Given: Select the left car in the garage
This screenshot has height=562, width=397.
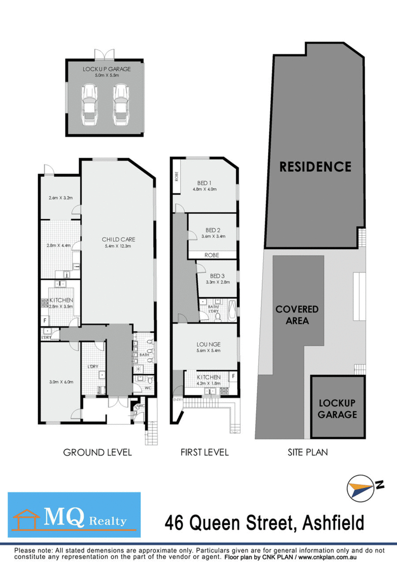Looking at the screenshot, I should tap(90, 104).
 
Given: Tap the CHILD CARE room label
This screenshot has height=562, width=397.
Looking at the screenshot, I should tap(119, 239).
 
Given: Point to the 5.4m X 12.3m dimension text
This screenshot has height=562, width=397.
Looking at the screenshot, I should tap(119, 246).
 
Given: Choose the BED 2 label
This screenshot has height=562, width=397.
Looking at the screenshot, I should tap(212, 230).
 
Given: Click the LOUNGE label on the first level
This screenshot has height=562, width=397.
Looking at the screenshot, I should tap(208, 344).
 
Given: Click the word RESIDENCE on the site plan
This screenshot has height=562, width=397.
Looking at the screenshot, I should tap(315, 166).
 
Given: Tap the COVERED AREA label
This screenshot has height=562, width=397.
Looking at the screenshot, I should tap(297, 315).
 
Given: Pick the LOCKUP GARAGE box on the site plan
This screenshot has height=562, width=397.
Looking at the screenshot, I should tap(337, 407).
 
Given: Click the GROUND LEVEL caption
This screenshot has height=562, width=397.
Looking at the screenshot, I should tap(97, 452).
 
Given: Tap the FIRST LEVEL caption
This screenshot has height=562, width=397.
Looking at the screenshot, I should tap(205, 452).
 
